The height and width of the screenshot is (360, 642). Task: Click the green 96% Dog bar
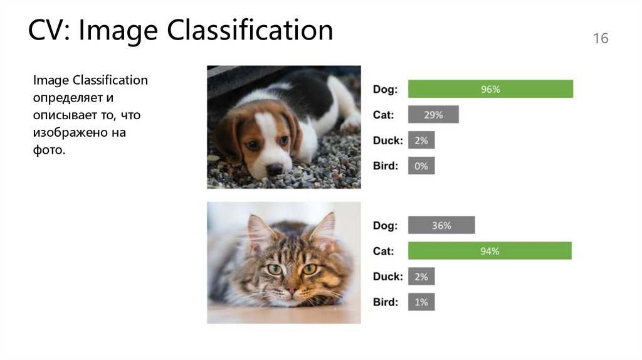pyautogui.click(x=490, y=89)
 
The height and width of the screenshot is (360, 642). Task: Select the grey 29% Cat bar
pyautogui.click(x=433, y=115)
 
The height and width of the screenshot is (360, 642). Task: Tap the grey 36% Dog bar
pyautogui.click(x=441, y=225)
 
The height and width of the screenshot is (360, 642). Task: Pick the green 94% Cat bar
pyautogui.click(x=490, y=251)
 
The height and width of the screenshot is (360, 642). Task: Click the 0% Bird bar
pyautogui.click(x=421, y=166)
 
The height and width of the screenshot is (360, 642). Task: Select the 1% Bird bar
pyautogui.click(x=421, y=302)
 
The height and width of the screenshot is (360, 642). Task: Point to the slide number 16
pyautogui.click(x=600, y=39)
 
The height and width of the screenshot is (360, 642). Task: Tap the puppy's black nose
pyautogui.click(x=274, y=169)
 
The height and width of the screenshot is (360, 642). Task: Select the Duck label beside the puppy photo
pyautogui.click(x=387, y=140)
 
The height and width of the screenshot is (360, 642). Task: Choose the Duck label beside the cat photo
pyautogui.click(x=387, y=277)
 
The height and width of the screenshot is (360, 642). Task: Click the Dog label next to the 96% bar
pyautogui.click(x=385, y=90)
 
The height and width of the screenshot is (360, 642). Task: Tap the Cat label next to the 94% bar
pyautogui.click(x=384, y=251)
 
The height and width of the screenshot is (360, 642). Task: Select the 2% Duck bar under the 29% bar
pyautogui.click(x=421, y=140)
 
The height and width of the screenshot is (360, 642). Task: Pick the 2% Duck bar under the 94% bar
pyautogui.click(x=421, y=277)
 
